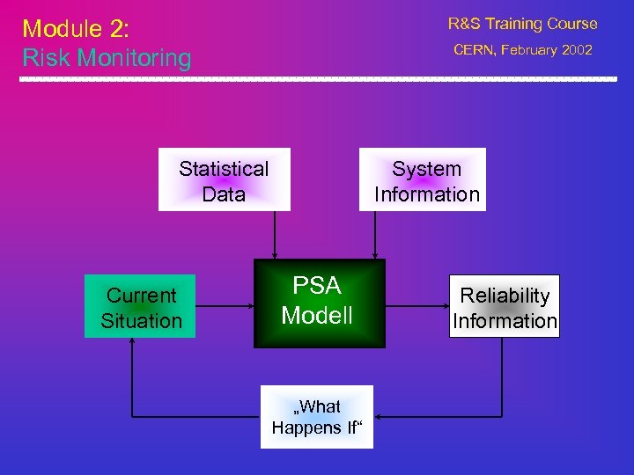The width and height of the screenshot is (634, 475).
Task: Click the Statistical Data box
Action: coord(224,181)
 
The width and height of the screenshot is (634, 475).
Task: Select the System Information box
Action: coord(426,181)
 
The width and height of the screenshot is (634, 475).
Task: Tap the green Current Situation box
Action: coord(140,307)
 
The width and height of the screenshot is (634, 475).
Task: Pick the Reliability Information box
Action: coord(505,307)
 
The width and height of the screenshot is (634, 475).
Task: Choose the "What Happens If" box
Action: coord(317,417)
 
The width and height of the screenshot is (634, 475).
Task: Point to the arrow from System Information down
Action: coord(376,235)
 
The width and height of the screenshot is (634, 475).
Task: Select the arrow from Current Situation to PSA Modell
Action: coord(224,307)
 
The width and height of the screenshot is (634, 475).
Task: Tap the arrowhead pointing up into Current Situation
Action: coord(132,344)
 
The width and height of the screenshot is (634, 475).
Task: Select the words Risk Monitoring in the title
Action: coord(107,58)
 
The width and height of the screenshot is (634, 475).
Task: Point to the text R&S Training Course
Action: coord(522,24)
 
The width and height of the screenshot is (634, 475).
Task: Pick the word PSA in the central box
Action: coord(317,286)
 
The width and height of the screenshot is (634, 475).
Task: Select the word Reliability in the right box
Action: coord(505,296)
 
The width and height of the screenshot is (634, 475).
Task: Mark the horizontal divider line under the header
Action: coord(317,79)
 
